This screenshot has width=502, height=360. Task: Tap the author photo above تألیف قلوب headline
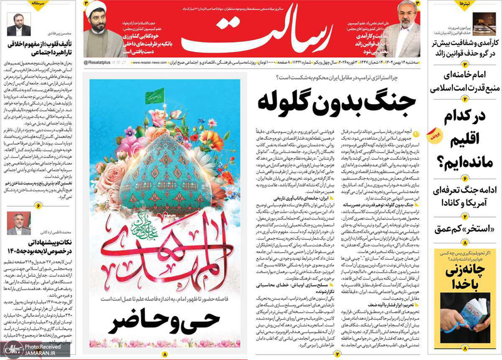(19, 28)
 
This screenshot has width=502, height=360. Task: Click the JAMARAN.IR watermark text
(31, 353)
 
